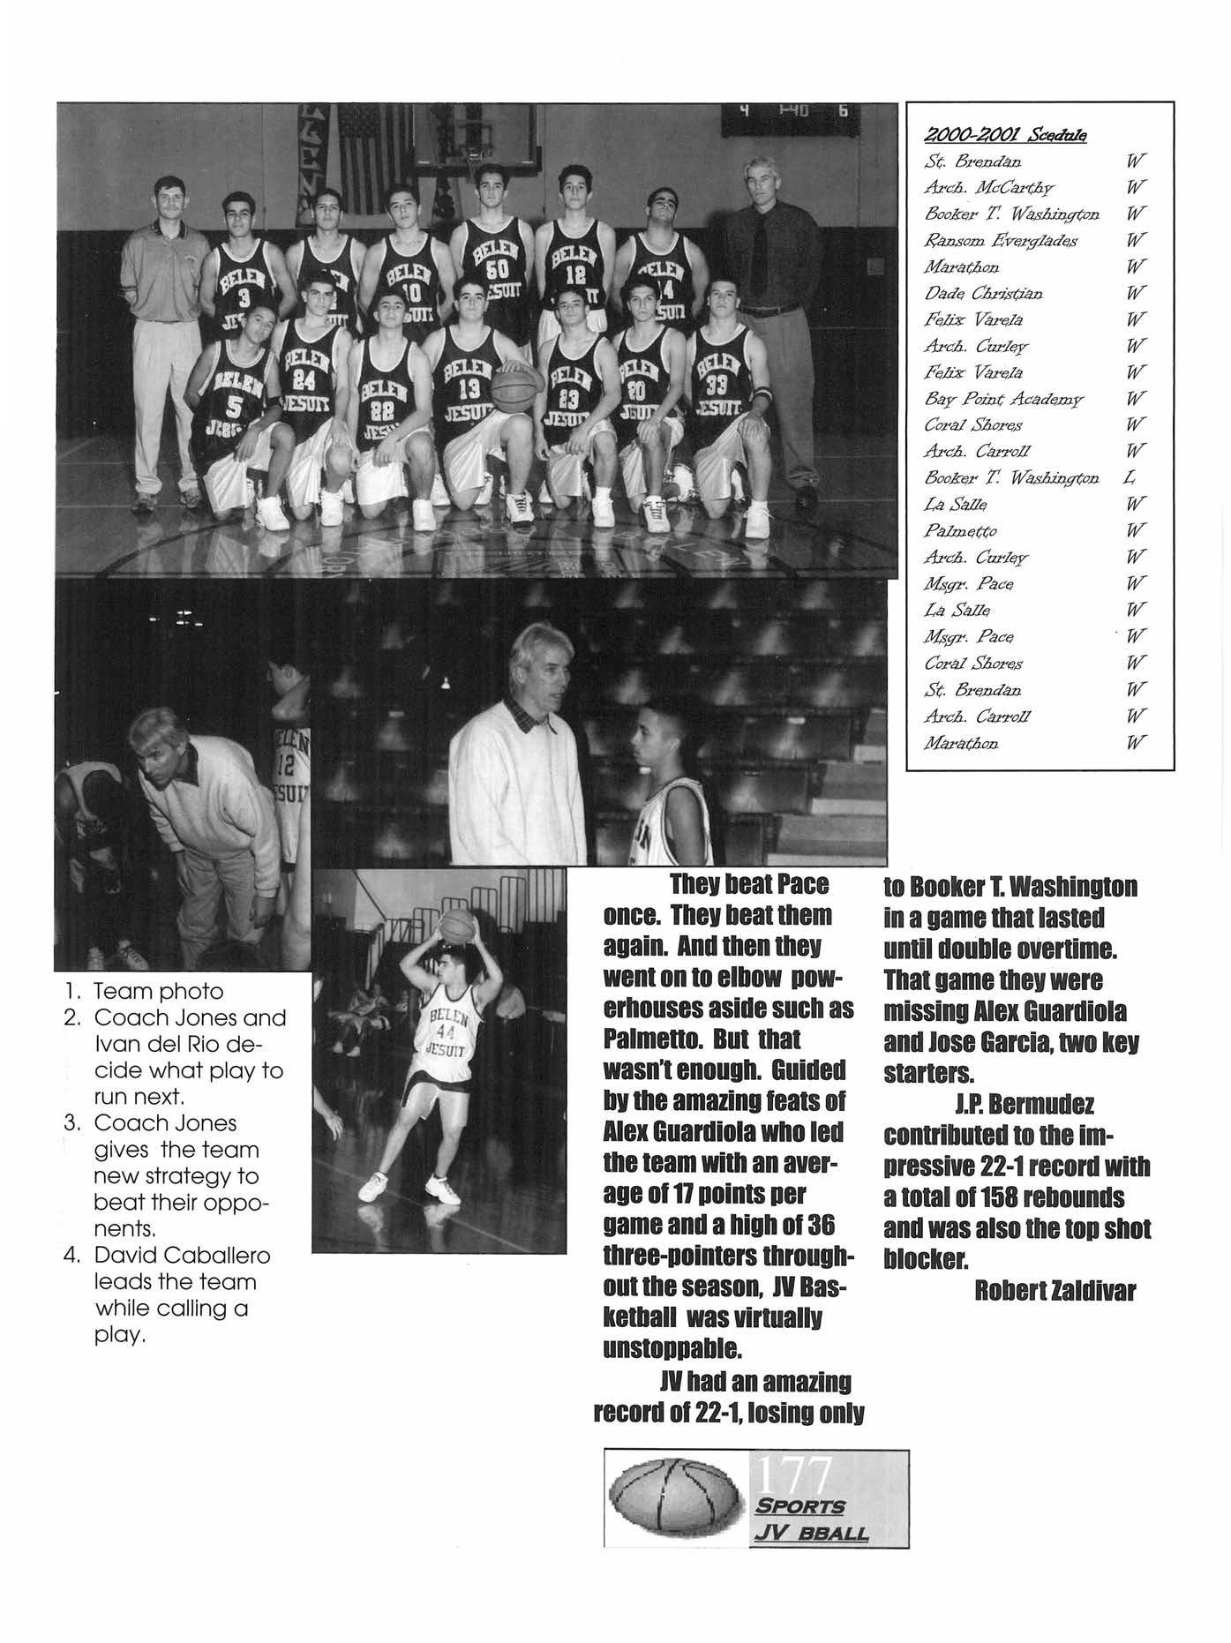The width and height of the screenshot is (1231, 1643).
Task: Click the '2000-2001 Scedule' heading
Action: pyautogui.click(x=1004, y=135)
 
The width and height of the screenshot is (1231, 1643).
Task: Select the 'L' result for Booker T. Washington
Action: pyautogui.click(x=1128, y=477)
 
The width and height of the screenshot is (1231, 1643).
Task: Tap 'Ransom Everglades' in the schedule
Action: pyautogui.click(x=988, y=240)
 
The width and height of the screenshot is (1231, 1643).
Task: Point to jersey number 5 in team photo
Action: pyautogui.click(x=234, y=406)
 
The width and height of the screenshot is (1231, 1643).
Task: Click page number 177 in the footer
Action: pyautogui.click(x=792, y=1474)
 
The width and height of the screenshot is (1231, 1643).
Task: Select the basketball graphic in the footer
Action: pyautogui.click(x=675, y=1497)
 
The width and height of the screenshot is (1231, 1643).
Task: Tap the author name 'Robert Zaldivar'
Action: pyautogui.click(x=1055, y=1291)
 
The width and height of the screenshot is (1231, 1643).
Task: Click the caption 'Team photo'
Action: pyautogui.click(x=158, y=991)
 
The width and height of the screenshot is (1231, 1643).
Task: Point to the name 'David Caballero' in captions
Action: pyautogui.click(x=182, y=1255)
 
